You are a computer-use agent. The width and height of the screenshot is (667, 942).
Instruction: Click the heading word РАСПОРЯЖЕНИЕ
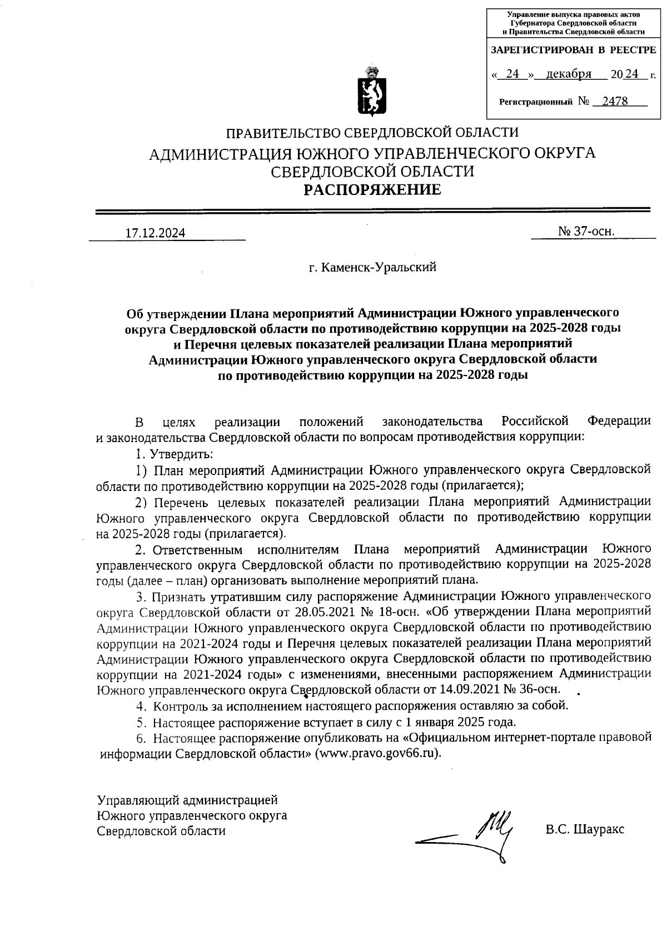pos(371,190)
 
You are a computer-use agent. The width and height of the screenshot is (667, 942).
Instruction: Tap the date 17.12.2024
pos(155,233)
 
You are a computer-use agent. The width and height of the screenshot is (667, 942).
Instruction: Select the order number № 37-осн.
pos(586,232)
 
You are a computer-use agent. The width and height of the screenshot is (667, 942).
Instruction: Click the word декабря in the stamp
pos(568,74)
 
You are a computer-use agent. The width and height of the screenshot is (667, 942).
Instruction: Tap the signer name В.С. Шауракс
pos(585,830)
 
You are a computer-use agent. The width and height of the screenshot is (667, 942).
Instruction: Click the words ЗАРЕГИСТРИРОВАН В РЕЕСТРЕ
pos(573,50)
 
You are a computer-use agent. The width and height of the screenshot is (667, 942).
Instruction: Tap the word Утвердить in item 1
pos(177,454)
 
